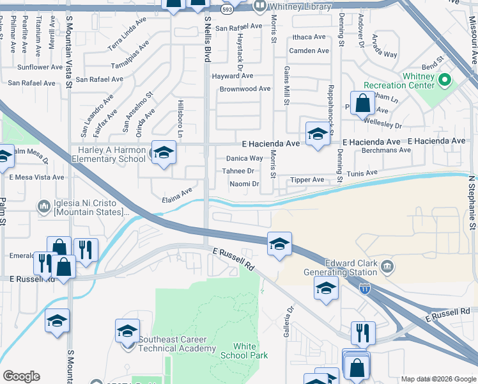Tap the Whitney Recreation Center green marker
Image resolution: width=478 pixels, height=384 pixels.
445,81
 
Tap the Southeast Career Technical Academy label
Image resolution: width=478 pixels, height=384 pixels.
176,344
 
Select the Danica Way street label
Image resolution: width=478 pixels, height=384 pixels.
244,158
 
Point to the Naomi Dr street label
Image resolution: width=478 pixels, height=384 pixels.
244,184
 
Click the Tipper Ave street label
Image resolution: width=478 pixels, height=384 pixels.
307,180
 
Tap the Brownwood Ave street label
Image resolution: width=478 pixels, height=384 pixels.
245,89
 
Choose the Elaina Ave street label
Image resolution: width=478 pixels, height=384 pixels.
177,191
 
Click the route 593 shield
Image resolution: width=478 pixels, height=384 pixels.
227,10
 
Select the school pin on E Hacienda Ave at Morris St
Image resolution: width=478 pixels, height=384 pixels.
317,134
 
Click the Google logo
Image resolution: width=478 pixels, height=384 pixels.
21,376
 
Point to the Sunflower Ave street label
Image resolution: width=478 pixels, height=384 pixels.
40,67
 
